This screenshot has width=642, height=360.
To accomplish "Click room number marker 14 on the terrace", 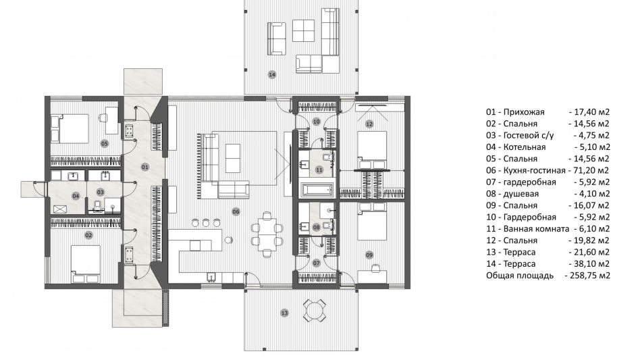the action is click(272, 74).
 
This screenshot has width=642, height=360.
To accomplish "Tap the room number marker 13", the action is click(284, 313).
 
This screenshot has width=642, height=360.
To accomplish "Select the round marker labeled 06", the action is click(236, 211).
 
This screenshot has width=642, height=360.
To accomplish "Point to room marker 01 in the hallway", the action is click(144, 167).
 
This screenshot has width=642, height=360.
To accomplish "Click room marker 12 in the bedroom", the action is click(369, 124).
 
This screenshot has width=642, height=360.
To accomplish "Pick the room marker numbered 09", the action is click(369, 255).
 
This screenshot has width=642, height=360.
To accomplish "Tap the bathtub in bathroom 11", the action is click(318, 190).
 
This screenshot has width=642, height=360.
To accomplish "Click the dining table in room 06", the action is click(267, 234).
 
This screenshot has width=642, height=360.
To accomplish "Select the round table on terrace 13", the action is click(314, 310).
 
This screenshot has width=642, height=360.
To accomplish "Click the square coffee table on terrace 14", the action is click(303, 30).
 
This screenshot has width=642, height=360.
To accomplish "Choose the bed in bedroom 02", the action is click(85, 264).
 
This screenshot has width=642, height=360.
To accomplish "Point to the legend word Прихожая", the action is click(524, 112).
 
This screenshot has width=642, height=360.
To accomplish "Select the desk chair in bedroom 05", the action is click(103, 118).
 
